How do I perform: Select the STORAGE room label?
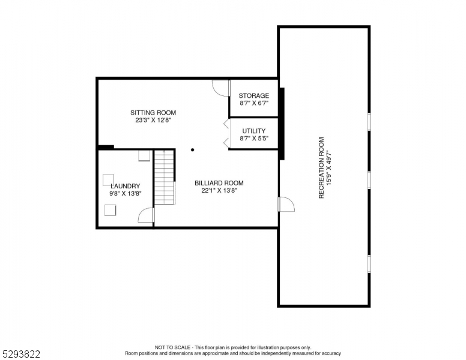(253, 95)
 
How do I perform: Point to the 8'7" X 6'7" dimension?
(253, 103)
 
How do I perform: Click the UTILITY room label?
(254, 131)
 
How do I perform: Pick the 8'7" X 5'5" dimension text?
(254, 139)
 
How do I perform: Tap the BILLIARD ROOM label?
(219, 183)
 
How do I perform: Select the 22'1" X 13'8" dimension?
(219, 191)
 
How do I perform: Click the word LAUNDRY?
(125, 186)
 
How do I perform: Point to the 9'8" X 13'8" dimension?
(125, 194)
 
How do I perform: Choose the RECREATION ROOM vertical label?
(321, 168)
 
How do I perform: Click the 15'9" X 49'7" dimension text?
(330, 168)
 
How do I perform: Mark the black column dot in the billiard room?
(193, 150)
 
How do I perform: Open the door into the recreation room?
(286, 205)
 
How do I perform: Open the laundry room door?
(146, 215)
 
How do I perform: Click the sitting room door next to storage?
(221, 88)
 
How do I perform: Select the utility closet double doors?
(226, 133)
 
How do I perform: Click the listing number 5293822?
(20, 354)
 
